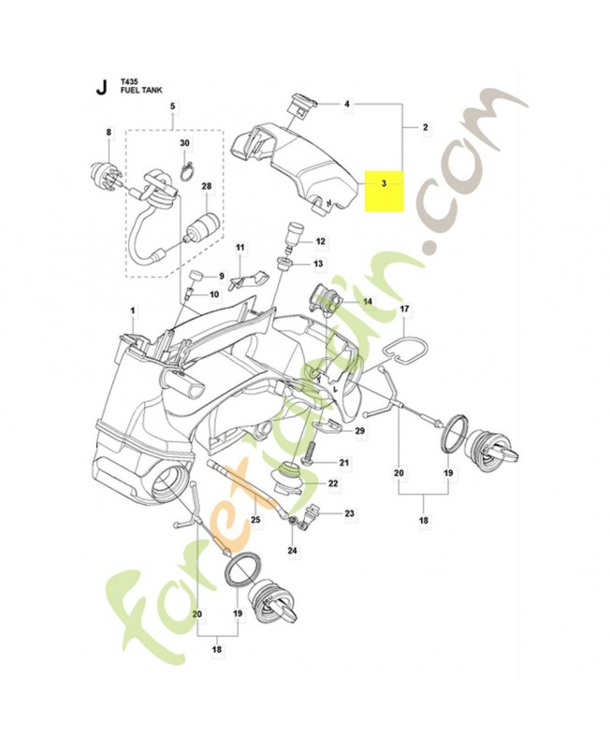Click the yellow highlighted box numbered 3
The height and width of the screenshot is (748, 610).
(385, 191)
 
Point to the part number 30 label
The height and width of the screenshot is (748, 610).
(184, 143)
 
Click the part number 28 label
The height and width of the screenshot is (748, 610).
(206, 187)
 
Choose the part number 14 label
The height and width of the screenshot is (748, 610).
(368, 301)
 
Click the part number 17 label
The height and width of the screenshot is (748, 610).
(405, 309)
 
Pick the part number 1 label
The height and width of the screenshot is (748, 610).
(133, 309)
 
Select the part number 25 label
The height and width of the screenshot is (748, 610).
(254, 518)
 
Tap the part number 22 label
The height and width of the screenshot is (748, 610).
(332, 484)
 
